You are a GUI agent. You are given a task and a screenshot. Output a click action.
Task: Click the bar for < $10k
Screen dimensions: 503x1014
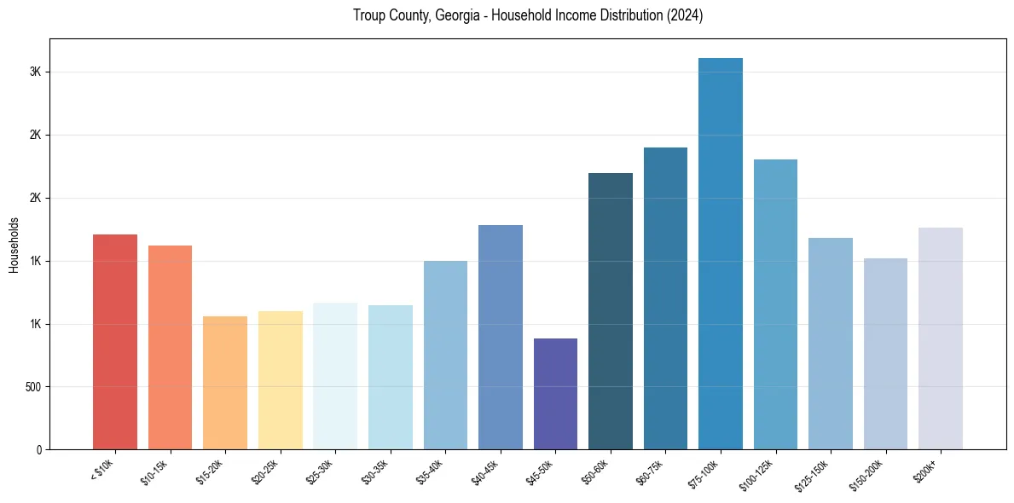tap(114, 341)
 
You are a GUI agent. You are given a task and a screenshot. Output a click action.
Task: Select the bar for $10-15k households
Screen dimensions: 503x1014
tap(170, 347)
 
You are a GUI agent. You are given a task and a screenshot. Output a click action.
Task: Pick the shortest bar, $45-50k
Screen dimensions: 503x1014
tap(555, 394)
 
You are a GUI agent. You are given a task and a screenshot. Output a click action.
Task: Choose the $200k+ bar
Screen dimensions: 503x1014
tap(941, 338)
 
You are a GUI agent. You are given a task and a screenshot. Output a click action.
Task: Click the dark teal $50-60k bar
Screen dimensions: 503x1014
tap(611, 311)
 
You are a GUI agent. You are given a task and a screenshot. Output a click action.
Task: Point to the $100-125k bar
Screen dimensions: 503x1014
tap(775, 304)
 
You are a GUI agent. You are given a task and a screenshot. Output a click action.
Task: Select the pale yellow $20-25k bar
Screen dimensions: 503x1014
tap(280, 380)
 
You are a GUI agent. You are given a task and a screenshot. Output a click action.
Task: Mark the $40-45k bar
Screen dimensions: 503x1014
tap(501, 337)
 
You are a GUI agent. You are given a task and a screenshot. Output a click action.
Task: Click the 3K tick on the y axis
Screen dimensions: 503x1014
tap(35, 72)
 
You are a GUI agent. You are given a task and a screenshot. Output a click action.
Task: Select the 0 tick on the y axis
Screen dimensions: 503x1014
tap(38, 450)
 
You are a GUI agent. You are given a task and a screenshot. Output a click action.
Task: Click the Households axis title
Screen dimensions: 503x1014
tap(14, 245)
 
